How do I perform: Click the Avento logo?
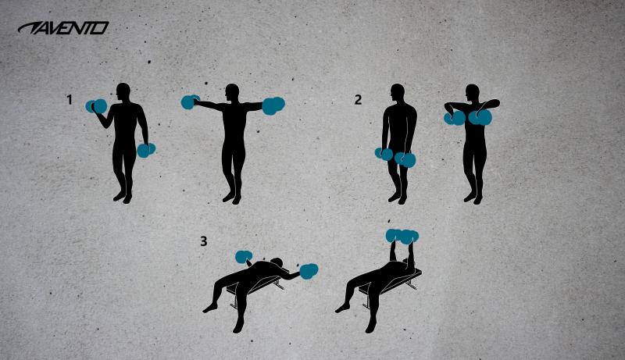(x=63, y=28)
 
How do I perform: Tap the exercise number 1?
(x=70, y=100)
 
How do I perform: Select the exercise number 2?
(x=358, y=99)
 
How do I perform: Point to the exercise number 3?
(x=203, y=241)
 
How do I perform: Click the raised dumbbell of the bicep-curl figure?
(x=97, y=105)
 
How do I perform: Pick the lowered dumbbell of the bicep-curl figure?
(x=146, y=150)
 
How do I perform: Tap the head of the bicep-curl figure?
(x=123, y=91)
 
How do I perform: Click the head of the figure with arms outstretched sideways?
(x=231, y=92)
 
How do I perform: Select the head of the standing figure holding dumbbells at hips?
(x=399, y=94)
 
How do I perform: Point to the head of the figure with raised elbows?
(x=472, y=94)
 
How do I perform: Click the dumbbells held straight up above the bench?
(x=402, y=235)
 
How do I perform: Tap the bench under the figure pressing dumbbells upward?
(x=405, y=276)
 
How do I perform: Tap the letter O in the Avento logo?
(x=101, y=28)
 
